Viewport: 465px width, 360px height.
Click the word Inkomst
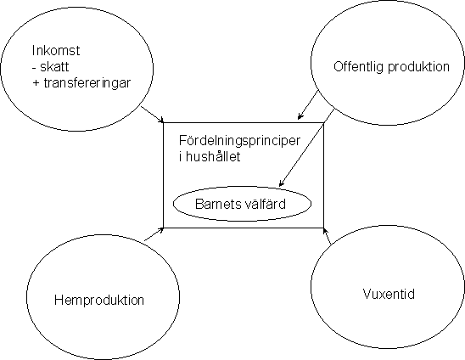pos(56,50)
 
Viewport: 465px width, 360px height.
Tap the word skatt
pos(54,67)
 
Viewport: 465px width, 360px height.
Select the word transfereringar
pos(87,83)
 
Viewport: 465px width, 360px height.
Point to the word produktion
pos(418,66)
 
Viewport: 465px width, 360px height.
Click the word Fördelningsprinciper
pos(239,141)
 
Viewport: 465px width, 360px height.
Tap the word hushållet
pos(213,156)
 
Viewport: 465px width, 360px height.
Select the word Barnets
pos(218,204)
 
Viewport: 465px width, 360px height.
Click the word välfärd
pos(265,204)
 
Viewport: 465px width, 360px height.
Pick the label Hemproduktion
pos(99,300)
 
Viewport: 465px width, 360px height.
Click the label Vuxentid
pos(389,294)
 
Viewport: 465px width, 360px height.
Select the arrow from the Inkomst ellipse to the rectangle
pos(152,115)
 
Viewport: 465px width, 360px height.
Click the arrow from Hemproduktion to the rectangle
pos(154,234)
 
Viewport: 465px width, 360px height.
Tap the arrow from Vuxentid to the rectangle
pos(327,236)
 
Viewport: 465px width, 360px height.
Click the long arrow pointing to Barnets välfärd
pos(306,148)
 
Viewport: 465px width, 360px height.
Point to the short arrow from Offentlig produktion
pos(308,104)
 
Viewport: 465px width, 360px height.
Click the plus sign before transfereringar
pos(36,83)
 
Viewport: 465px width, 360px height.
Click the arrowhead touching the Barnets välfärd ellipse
pos(282,183)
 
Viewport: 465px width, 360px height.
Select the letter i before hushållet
pos(181,156)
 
